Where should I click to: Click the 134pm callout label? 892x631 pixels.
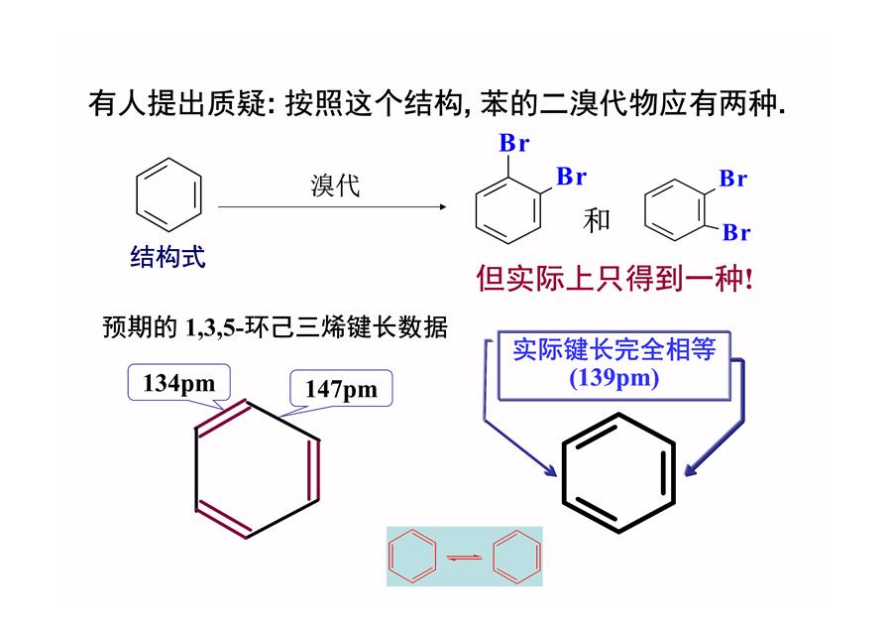[179, 383]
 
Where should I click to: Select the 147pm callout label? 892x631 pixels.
[341, 388]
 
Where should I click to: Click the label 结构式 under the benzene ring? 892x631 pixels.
[167, 257]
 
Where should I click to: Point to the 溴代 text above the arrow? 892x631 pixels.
[335, 186]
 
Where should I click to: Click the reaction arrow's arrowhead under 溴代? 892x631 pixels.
[443, 206]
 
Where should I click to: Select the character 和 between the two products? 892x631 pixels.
[597, 220]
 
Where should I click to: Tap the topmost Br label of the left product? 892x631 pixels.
[514, 143]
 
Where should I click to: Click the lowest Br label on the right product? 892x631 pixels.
[736, 232]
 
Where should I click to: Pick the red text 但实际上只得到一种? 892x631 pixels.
[614, 279]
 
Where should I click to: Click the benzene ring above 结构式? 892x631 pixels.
[168, 195]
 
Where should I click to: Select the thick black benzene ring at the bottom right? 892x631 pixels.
[618, 472]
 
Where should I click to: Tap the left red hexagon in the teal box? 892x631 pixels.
[412, 557]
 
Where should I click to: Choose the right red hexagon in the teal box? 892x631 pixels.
[517, 557]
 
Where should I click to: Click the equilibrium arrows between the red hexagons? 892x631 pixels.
[464, 557]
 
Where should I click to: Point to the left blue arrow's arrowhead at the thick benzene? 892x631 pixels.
[551, 471]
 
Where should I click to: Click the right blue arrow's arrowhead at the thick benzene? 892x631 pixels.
[690, 470]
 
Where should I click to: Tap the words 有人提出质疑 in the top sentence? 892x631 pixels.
[177, 103]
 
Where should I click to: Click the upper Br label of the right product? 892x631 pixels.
[733, 179]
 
